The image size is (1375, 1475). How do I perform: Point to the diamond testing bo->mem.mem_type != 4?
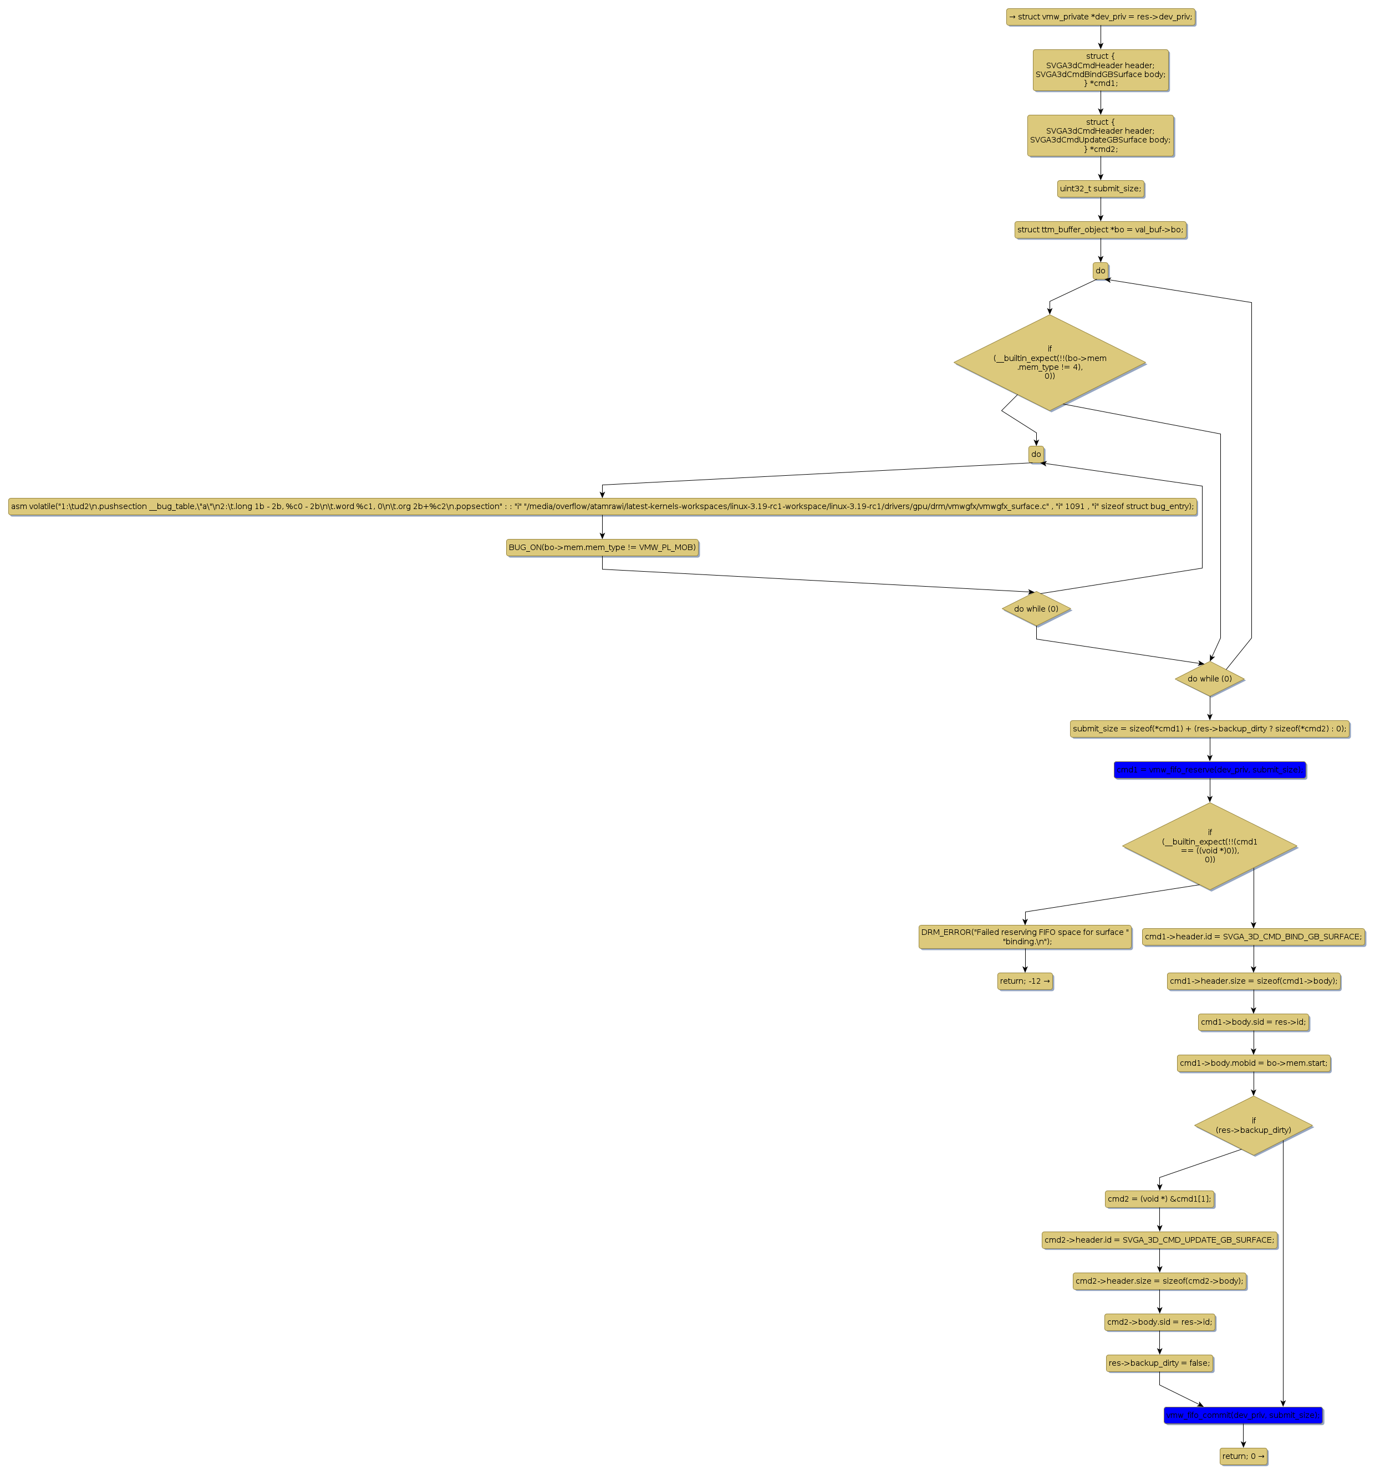point(1049,363)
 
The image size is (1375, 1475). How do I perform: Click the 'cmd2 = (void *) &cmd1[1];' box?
point(1159,1199)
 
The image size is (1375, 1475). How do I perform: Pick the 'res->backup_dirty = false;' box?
point(1159,1363)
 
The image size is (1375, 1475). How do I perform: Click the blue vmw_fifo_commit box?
point(1243,1416)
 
